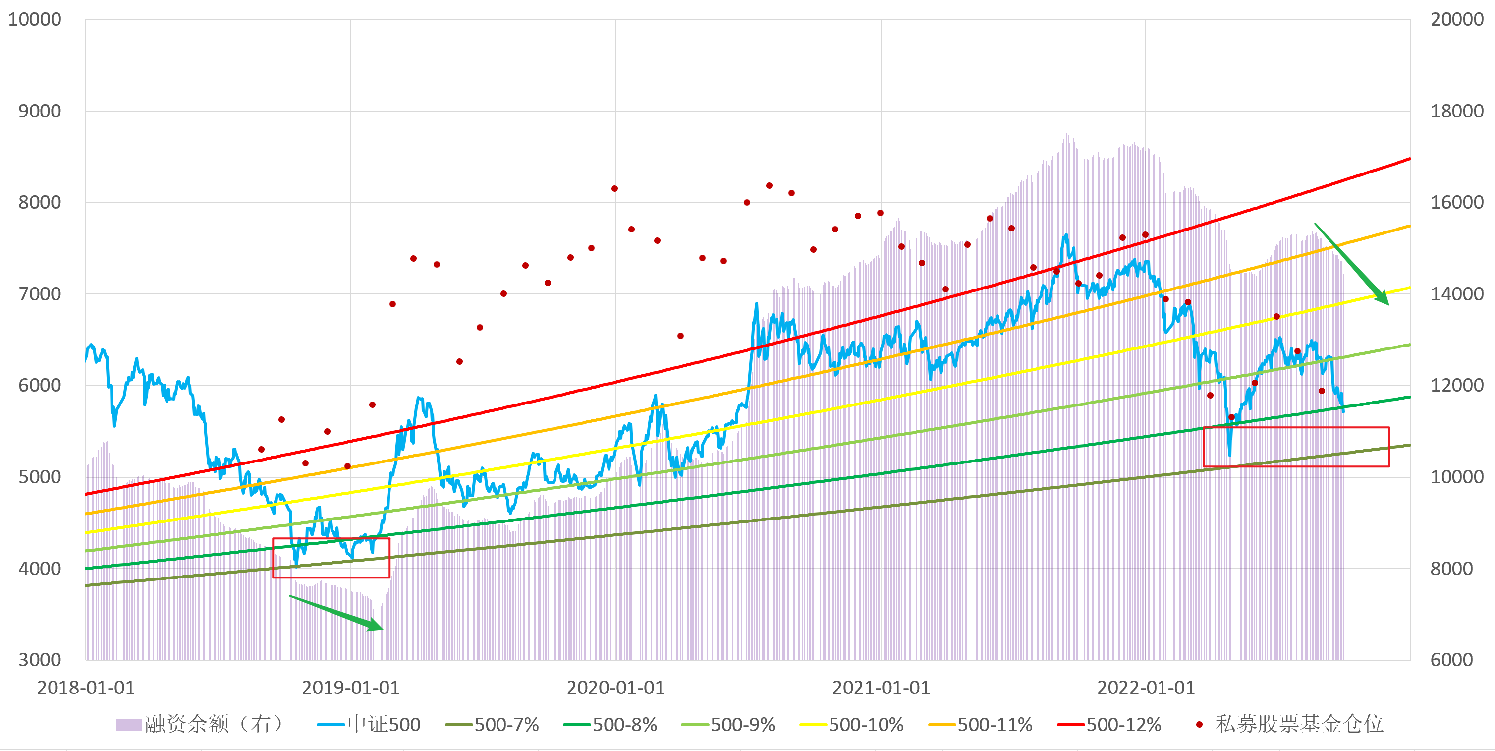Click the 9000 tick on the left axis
click(x=40, y=111)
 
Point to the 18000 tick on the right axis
click(x=1457, y=111)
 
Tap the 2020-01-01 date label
click(x=615, y=688)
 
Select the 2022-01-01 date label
click(x=1146, y=688)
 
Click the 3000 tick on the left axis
click(x=40, y=660)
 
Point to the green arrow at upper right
click(x=1352, y=264)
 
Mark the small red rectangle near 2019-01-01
click(x=331, y=558)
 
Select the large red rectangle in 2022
click(x=1296, y=447)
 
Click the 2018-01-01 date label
click(x=86, y=688)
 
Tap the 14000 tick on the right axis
click(x=1457, y=294)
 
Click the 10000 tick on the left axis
click(x=35, y=20)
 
